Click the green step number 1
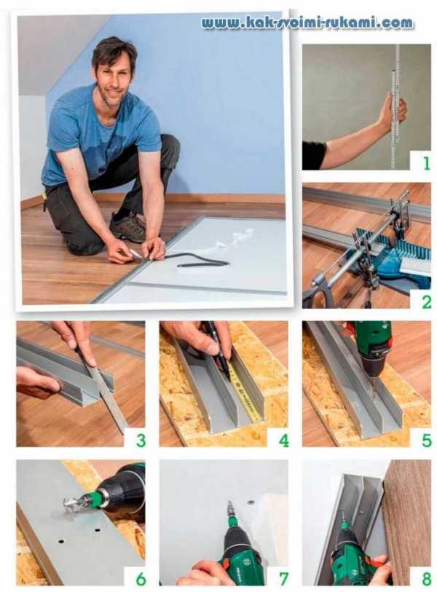(x=426, y=164)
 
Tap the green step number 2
(x=426, y=302)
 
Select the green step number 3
(x=141, y=441)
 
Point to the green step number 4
(x=283, y=441)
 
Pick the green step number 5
(x=426, y=441)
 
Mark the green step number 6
(x=141, y=579)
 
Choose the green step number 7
(x=283, y=579)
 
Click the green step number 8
(x=426, y=579)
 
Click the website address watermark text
(x=307, y=23)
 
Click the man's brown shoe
(x=128, y=226)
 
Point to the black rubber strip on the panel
(x=197, y=260)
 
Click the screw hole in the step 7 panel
(x=250, y=502)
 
